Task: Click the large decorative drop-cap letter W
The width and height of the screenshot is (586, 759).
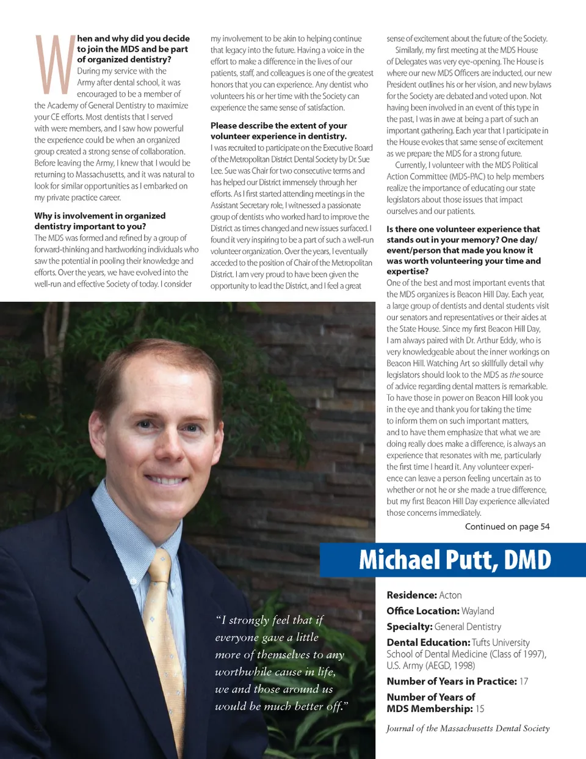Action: pos(55,65)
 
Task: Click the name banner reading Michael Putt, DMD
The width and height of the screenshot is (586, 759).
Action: pos(454,560)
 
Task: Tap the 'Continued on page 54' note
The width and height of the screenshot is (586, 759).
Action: pos(507,527)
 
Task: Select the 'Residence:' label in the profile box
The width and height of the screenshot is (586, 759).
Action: pos(411,595)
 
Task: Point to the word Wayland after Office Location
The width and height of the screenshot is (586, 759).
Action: pos(478,611)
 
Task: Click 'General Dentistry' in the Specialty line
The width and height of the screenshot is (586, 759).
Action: pos(468,627)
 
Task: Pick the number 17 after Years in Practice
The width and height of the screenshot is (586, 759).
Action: pos(524,681)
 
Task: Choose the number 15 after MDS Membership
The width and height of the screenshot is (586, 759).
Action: pos(480,709)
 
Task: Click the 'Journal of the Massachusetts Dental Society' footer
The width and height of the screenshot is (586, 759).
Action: pos(468,728)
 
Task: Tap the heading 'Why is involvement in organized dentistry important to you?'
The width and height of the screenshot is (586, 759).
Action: pos(100,221)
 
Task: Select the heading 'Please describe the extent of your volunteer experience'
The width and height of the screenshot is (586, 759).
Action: pos(279,131)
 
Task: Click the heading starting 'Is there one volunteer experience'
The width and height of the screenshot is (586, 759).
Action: pos(463,250)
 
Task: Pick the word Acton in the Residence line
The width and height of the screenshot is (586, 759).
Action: pos(450,595)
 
